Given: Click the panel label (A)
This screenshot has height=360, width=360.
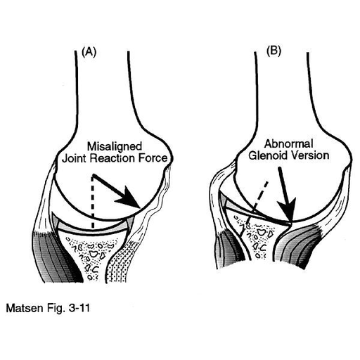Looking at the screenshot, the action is [x=89, y=52].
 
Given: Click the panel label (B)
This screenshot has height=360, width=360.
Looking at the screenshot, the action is [x=274, y=51].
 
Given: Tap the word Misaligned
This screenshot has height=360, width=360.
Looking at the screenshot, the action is [x=115, y=146].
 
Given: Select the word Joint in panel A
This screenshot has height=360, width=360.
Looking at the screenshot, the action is [x=75, y=158].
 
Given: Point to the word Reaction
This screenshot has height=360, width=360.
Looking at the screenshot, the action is [x=112, y=158].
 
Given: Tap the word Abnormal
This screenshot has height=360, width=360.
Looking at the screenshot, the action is [x=288, y=143].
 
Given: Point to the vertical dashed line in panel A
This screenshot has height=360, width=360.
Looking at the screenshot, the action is [x=93, y=202].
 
